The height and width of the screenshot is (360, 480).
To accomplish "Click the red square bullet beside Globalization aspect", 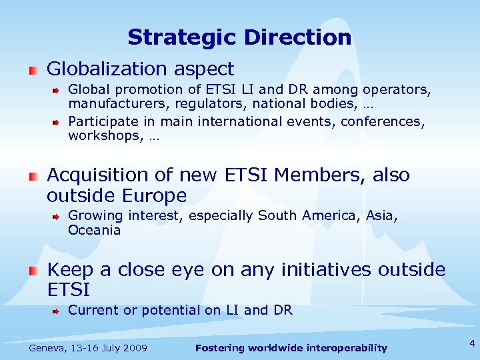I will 33,69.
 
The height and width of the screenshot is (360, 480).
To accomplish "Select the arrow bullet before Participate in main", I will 58,121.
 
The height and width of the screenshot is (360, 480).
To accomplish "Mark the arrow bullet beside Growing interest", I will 58,216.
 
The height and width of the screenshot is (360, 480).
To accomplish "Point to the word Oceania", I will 94,231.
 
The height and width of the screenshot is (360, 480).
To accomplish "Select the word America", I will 331,216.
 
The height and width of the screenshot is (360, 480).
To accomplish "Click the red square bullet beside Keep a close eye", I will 33,270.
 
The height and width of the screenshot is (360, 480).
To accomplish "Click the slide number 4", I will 471,344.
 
